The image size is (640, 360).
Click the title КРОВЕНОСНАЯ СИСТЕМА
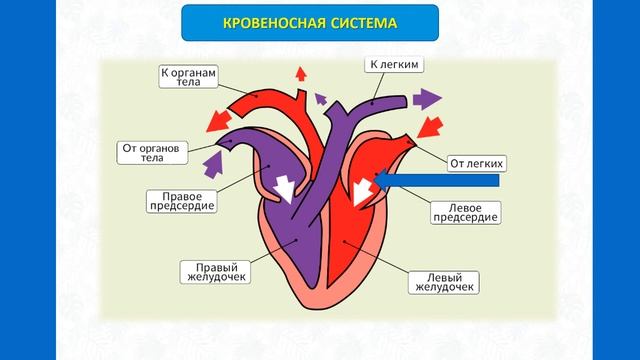tap(319, 22)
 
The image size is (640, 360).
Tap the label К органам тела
tap(189, 78)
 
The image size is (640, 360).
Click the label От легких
tap(475, 161)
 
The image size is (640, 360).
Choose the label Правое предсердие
tap(182, 201)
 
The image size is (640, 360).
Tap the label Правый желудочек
tap(214, 271)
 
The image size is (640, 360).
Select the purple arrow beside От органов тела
tap(213, 158)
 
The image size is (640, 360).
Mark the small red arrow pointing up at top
tap(299, 72)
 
